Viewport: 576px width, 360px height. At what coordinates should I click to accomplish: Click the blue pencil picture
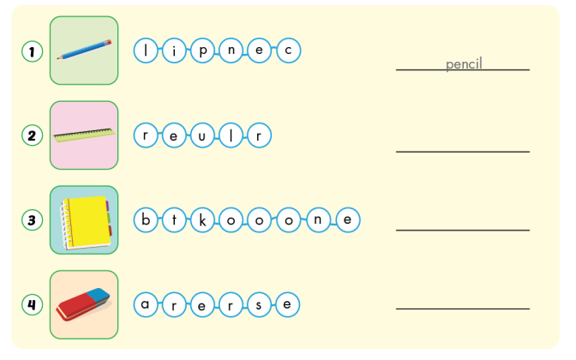[84, 50]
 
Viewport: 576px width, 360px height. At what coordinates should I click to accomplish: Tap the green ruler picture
[84, 135]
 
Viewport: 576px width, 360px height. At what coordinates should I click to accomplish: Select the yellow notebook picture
[84, 220]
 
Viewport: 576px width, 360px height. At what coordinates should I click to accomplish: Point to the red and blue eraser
[84, 304]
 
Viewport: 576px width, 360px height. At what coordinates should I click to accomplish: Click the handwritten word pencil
[464, 64]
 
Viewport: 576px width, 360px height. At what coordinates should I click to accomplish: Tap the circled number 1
[32, 51]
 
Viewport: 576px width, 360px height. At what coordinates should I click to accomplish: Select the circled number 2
[32, 135]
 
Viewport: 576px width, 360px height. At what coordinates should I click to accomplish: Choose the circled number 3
[32, 220]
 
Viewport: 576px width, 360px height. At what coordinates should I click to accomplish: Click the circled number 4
[32, 304]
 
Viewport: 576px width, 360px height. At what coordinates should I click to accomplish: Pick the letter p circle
[203, 51]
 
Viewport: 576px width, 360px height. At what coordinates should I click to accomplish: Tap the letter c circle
[288, 51]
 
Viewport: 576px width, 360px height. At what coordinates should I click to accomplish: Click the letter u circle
[203, 135]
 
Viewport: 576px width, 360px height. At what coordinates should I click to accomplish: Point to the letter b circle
[147, 220]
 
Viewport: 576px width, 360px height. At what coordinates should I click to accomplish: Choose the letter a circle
[147, 304]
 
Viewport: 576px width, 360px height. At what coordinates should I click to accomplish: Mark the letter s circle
[259, 304]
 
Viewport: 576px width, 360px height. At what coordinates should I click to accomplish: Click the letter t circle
[174, 220]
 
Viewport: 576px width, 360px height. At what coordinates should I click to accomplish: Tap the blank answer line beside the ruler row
[463, 151]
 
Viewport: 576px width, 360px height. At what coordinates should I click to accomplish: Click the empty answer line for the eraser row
[463, 308]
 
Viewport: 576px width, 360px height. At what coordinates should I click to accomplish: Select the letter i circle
[175, 51]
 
